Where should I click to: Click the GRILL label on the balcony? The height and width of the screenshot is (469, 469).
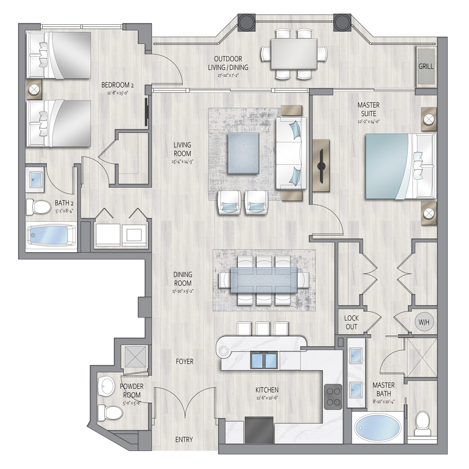coord(426,66)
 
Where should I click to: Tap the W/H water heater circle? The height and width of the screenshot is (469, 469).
coord(424,322)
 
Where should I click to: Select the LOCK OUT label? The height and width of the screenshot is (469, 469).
coord(351,322)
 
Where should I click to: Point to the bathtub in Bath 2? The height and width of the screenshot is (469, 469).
coord(51,235)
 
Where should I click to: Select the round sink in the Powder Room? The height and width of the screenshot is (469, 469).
coord(106,386)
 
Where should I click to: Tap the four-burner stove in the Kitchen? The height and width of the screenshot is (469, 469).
coord(333,396)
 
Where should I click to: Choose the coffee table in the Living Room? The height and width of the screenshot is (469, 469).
coord(244,153)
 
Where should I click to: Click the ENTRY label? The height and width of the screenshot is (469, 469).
coord(184,439)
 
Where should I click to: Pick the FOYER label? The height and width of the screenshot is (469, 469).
coord(185,362)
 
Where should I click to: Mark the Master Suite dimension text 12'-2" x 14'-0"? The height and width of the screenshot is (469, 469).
coord(368,122)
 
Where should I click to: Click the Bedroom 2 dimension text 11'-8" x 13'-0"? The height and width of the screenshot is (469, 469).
coord(117,93)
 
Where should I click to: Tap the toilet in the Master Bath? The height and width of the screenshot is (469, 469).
coord(423,423)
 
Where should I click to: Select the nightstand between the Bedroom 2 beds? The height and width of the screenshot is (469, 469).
coord(34,89)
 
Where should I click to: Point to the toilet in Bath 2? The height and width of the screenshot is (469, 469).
coord(39,207)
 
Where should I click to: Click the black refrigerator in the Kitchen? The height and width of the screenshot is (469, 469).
coord(259,430)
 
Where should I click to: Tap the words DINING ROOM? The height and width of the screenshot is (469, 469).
coord(183,278)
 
